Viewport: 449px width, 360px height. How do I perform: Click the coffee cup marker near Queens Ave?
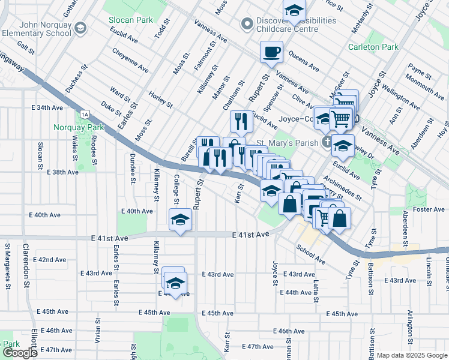[x=271, y=52]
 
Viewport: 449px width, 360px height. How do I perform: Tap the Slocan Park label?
[x=130, y=20]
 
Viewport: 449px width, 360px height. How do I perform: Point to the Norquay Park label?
[x=79, y=127]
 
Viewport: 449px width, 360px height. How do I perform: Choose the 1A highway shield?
[x=85, y=114]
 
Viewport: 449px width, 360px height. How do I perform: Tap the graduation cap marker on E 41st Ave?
[x=179, y=220]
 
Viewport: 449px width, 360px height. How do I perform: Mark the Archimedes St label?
[x=342, y=188]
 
